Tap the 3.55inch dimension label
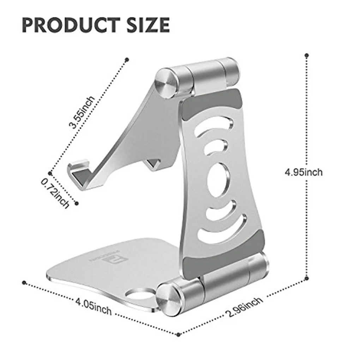pos(82,112)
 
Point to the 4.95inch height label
pos(304,172)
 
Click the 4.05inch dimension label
pos(94,306)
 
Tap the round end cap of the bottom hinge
pos(167,299)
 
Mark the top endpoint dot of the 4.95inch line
pos(307,55)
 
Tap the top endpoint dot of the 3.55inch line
pos(127,59)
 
